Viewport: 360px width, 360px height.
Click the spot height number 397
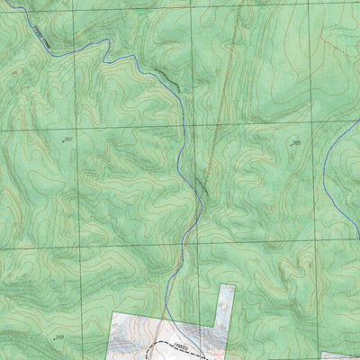[68, 139]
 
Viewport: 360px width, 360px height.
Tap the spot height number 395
[296, 143]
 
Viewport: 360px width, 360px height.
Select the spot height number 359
[61, 337]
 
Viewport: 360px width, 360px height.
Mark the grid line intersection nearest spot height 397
[75, 129]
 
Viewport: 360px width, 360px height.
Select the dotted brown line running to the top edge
[232, 54]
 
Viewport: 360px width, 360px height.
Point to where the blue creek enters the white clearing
[166, 312]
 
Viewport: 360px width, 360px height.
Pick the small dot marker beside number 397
[62, 141]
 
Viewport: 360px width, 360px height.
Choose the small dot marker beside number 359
[55, 338]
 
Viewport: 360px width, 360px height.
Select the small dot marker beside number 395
[290, 145]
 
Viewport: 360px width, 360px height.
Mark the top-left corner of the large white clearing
[112, 312]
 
